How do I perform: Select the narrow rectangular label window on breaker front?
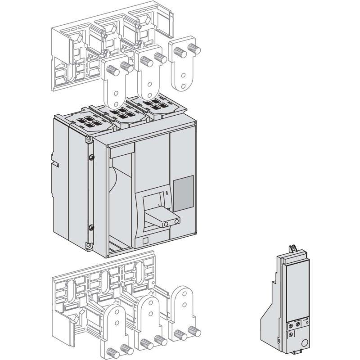(x=121, y=149)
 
